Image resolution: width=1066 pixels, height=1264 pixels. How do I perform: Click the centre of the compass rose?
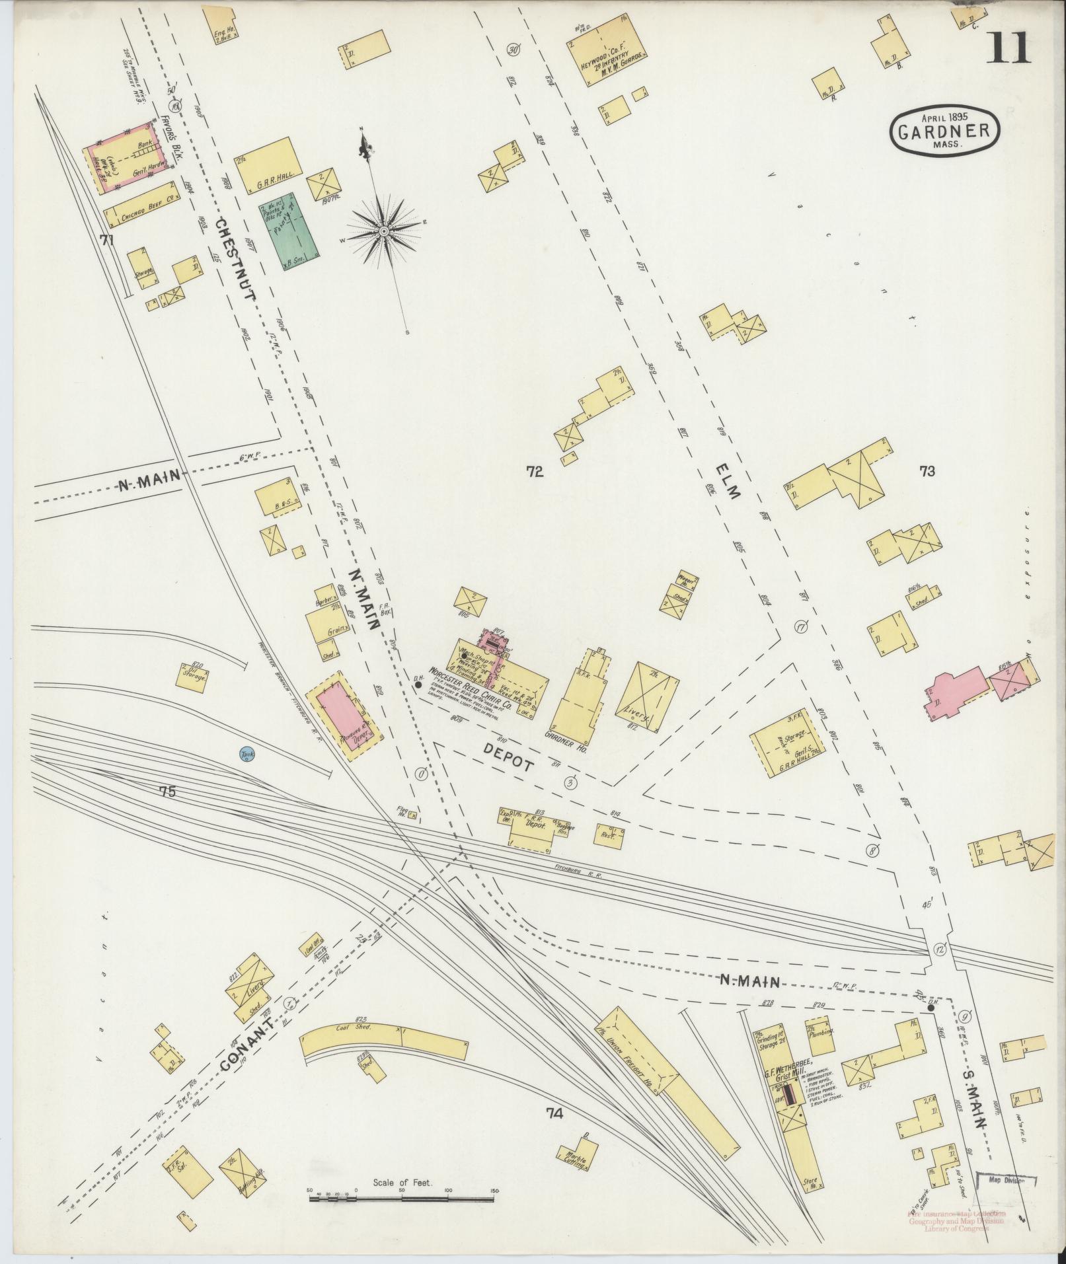383,231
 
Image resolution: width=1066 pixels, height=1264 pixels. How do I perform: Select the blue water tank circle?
247,755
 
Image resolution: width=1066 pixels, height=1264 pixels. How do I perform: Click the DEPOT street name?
508,757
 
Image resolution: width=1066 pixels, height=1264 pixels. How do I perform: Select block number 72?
535,472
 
